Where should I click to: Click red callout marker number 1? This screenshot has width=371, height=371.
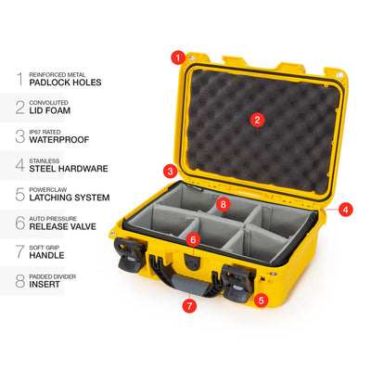pyautogui.click(x=178, y=58)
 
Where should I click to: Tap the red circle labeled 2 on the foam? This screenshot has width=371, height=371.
pyautogui.click(x=257, y=120)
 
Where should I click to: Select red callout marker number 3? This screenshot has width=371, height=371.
pyautogui.click(x=171, y=171)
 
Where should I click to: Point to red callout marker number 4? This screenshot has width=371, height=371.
pyautogui.click(x=345, y=210)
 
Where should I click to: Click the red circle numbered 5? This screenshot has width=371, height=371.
pyautogui.click(x=261, y=300)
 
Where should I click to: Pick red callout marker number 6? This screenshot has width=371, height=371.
pyautogui.click(x=193, y=239)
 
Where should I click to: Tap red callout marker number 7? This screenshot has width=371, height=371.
pyautogui.click(x=189, y=306)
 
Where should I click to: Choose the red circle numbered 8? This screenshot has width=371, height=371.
pyautogui.click(x=224, y=204)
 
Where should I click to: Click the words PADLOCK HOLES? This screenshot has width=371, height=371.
pyautogui.click(x=65, y=83)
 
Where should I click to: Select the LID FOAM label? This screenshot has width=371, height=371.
pyautogui.click(x=50, y=110)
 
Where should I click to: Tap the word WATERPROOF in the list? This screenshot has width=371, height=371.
pyautogui.click(x=59, y=140)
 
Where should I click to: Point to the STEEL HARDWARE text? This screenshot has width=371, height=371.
pyautogui.click(x=69, y=169)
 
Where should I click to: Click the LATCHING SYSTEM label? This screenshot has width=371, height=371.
pyautogui.click(x=70, y=198)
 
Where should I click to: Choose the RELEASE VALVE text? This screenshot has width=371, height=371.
pyautogui.click(x=63, y=226)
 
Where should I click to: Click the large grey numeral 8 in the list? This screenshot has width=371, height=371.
pyautogui.click(x=20, y=281)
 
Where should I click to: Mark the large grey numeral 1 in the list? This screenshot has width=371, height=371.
pyautogui.click(x=20, y=79)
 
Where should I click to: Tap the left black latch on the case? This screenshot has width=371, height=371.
pyautogui.click(x=129, y=255)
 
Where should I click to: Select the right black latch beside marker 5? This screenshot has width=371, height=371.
pyautogui.click(x=237, y=283)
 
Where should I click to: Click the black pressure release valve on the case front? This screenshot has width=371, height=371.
pyautogui.click(x=193, y=262)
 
